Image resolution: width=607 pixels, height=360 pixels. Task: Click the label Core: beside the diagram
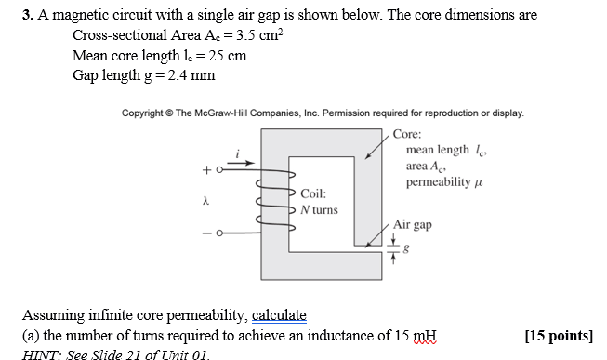409,134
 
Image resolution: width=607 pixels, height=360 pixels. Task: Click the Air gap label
414,224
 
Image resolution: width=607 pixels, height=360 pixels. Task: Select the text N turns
319,209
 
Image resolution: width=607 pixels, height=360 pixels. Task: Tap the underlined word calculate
274,316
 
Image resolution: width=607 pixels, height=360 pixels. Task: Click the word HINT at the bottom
41,353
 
